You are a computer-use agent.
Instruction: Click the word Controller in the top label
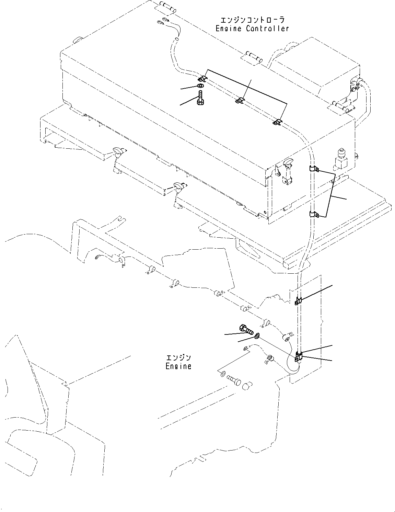click(x=267, y=29)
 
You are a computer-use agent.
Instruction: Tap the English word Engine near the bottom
click(x=178, y=366)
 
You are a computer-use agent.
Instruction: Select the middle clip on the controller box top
click(x=240, y=101)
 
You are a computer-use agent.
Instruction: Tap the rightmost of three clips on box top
click(x=277, y=122)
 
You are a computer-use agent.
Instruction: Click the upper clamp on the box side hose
click(x=313, y=169)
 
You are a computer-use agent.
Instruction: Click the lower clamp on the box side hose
click(x=313, y=215)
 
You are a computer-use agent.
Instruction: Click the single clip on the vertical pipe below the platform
click(x=298, y=301)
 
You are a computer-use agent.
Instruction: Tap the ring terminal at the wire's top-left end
click(x=160, y=22)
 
